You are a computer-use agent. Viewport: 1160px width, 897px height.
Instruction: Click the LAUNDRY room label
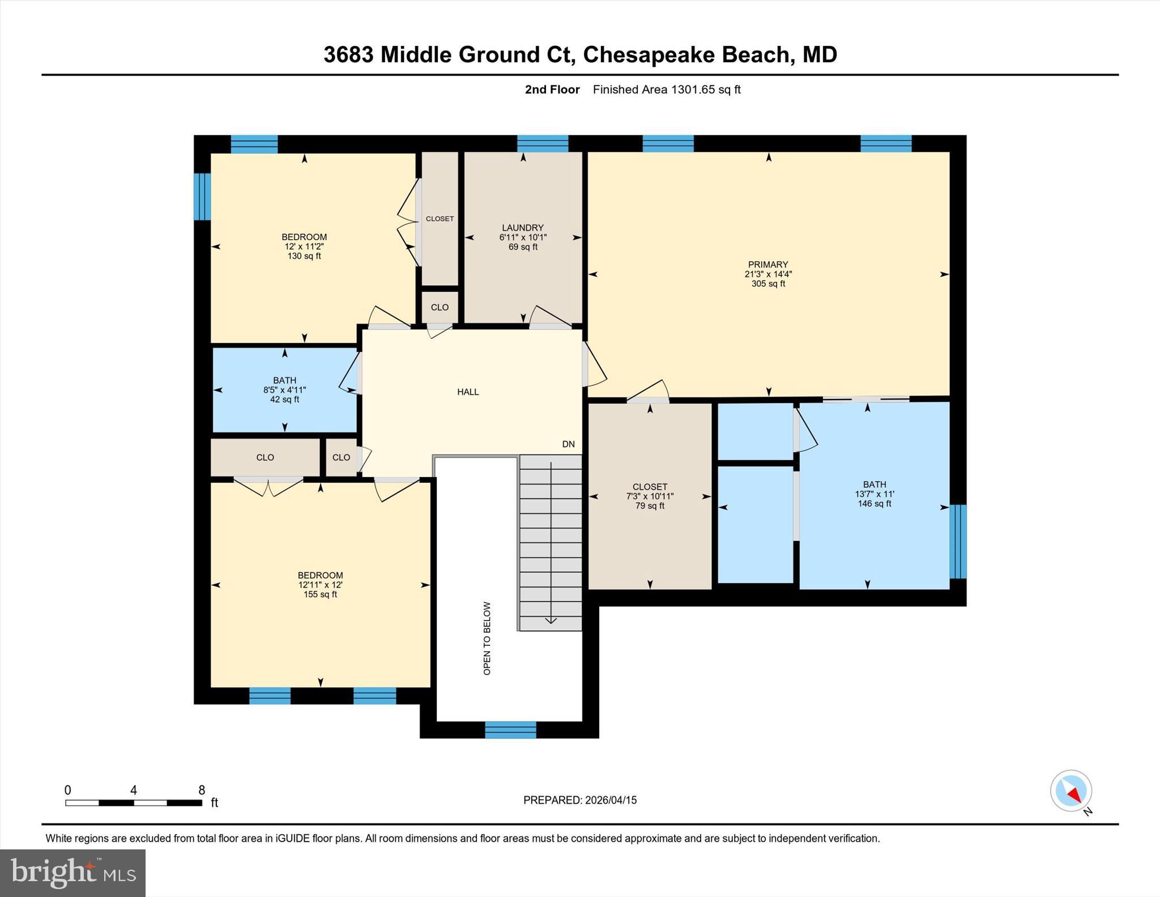click(x=522, y=228)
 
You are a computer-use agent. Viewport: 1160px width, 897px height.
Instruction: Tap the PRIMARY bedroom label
click(x=768, y=265)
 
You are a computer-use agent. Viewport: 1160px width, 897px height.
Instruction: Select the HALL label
click(x=468, y=392)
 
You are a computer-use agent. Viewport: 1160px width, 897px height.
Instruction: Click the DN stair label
click(x=568, y=444)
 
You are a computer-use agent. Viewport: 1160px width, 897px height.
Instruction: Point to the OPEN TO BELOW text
click(x=487, y=638)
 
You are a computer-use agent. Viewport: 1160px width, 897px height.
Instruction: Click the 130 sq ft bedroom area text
click(x=304, y=256)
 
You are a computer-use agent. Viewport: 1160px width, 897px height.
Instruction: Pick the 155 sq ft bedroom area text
click(x=320, y=594)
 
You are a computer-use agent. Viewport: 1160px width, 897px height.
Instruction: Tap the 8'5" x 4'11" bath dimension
click(x=284, y=390)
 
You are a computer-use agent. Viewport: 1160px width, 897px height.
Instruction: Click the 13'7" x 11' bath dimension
click(x=875, y=494)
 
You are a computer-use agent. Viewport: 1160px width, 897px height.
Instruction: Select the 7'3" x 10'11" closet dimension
click(x=650, y=496)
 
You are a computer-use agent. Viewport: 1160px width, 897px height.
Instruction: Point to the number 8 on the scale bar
click(x=202, y=790)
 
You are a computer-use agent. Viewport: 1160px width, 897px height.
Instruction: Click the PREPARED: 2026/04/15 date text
click(x=580, y=800)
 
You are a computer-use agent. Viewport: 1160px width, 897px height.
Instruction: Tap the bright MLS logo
click(x=72, y=873)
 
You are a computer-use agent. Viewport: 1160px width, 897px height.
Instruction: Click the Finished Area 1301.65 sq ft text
click(x=667, y=90)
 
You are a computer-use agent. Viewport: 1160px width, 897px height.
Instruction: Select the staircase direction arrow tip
click(x=551, y=622)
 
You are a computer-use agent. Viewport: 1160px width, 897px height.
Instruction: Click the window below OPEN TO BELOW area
click(x=510, y=730)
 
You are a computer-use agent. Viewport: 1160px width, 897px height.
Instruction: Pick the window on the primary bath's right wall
click(x=958, y=541)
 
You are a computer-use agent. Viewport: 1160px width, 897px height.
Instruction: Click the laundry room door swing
click(x=549, y=316)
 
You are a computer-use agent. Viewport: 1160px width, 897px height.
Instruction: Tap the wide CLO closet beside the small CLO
click(x=265, y=457)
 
